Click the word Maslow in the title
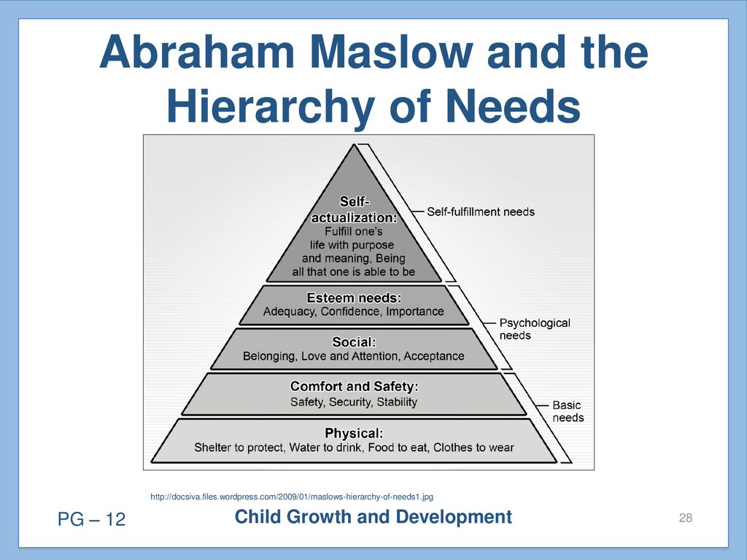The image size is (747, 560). (392, 52)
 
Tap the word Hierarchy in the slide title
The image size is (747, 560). (270, 108)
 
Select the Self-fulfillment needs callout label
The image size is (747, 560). (481, 211)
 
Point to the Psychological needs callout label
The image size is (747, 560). (535, 329)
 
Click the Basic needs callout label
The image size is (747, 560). (568, 411)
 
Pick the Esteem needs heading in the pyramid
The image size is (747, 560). (354, 298)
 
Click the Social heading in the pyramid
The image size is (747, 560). (354, 343)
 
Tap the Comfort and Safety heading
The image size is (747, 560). (354, 386)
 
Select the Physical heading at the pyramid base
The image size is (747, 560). (354, 433)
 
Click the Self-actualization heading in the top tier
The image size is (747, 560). (355, 210)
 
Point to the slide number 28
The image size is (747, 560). (686, 518)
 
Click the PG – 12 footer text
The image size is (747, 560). (91, 519)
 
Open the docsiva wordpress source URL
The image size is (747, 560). (292, 497)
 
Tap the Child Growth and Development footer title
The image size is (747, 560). (373, 517)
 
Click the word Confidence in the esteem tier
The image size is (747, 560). (350, 312)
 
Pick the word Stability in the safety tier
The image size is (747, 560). (397, 402)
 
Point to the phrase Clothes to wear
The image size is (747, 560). (473, 448)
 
